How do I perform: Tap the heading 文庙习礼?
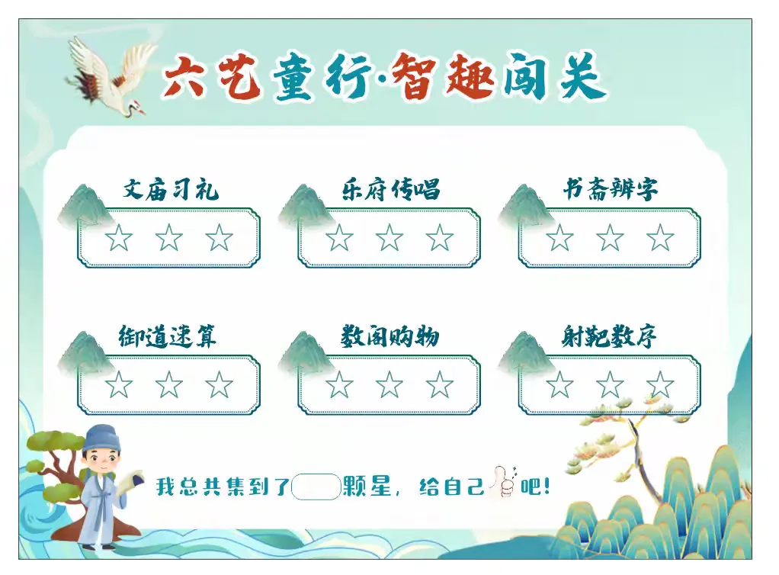(171, 190)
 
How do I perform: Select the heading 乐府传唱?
(391, 189)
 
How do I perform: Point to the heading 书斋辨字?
(610, 189)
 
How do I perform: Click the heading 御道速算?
(168, 336)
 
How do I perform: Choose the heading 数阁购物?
(390, 336)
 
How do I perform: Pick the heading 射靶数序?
(609, 336)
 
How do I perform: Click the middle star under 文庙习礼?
(169, 238)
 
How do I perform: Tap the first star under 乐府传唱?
(339, 238)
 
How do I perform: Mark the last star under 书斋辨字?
(660, 238)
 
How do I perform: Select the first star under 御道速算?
(119, 384)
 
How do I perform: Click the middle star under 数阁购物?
(389, 384)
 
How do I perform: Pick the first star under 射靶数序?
(560, 384)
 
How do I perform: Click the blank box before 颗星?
(316, 487)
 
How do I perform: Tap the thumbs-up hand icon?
(503, 482)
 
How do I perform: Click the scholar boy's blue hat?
(102, 437)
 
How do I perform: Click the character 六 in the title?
(184, 76)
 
